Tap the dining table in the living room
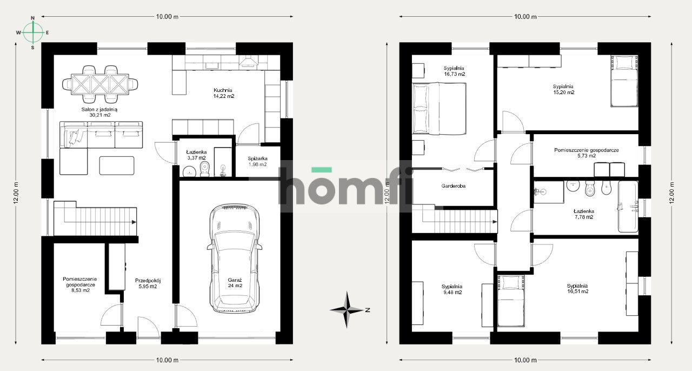100,84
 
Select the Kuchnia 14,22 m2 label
223,93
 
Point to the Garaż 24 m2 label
235,282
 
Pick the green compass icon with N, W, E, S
33,32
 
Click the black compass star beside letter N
347,310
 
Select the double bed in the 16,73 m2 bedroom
439,108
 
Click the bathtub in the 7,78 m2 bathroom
628,206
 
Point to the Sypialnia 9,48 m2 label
451,289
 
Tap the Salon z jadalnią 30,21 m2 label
96,112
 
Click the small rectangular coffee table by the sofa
116,165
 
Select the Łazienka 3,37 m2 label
196,155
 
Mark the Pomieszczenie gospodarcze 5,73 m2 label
586,153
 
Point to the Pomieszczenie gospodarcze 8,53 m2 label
79,285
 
